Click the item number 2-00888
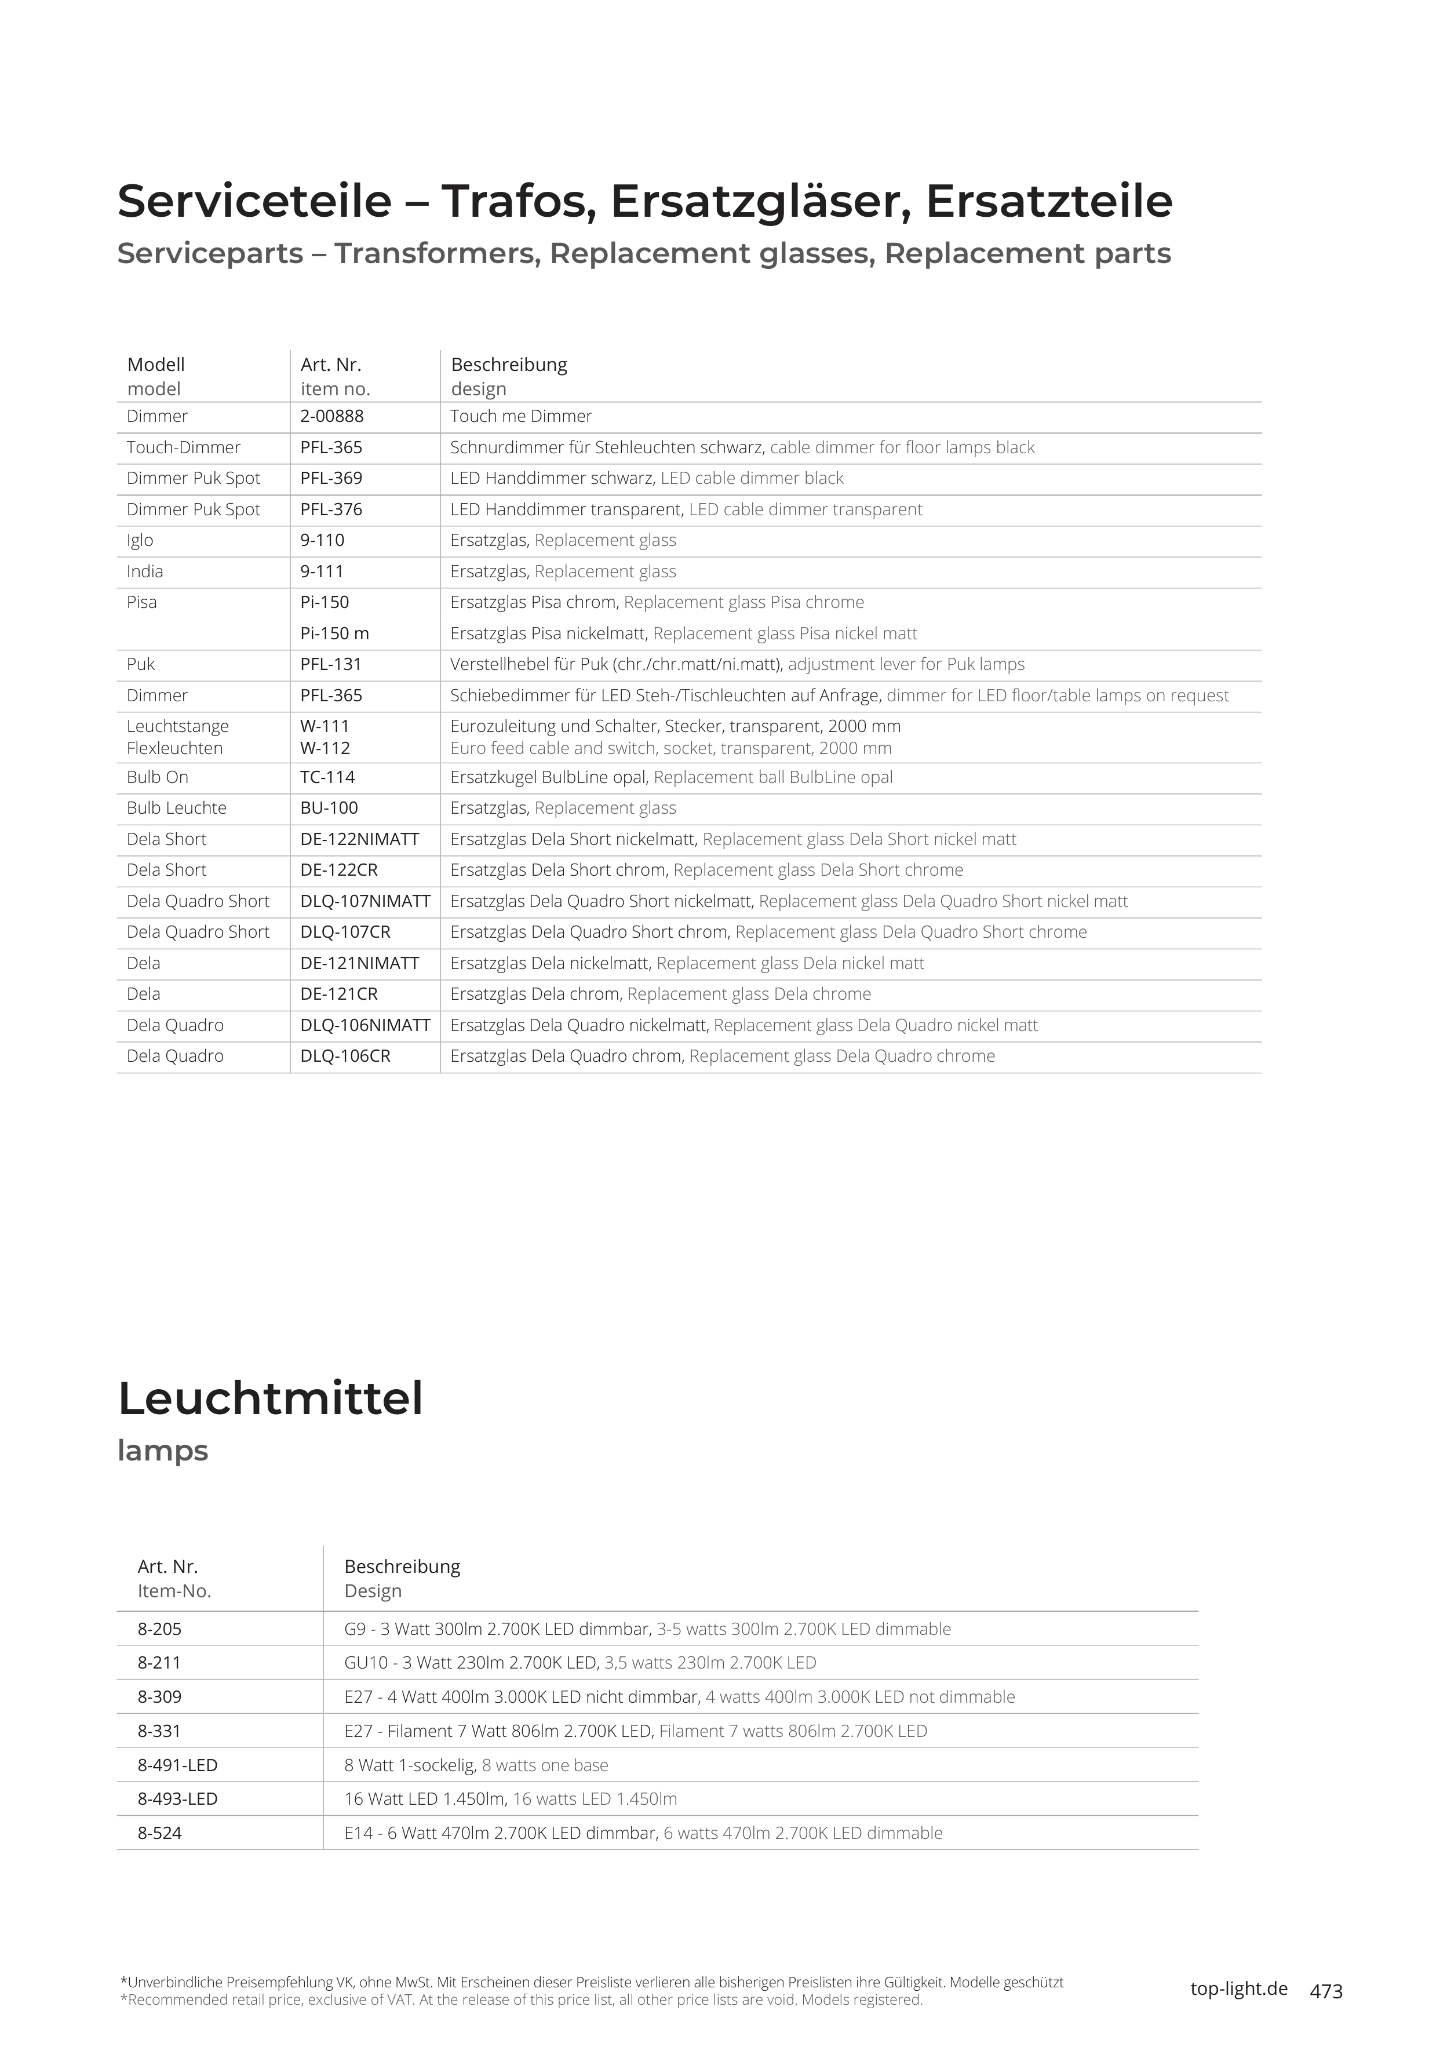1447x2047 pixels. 331,416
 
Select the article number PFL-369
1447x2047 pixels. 331,479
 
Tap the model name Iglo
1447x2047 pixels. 140,540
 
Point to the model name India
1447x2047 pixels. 144,571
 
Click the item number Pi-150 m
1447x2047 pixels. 334,634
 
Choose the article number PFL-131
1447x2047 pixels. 331,664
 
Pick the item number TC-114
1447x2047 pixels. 327,777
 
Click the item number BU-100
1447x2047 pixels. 329,808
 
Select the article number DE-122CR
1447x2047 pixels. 339,870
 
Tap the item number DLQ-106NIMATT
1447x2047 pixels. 365,1025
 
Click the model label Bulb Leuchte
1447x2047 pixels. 177,808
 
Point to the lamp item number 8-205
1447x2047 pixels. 159,1629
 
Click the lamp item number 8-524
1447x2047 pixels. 159,1833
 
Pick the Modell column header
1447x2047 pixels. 156,365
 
